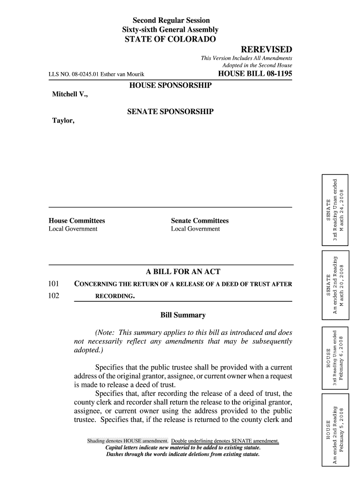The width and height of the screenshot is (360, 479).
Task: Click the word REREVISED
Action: coord(266,50)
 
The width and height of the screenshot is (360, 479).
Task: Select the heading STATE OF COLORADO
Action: coord(170,39)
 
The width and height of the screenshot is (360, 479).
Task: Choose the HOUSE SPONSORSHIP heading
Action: coord(170,86)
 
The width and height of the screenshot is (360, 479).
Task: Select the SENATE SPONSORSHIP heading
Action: coord(170,112)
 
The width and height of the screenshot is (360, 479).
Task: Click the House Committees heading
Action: coord(77,221)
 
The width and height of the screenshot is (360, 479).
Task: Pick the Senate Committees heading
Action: coord(200,221)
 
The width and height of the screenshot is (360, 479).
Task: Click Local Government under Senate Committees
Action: coord(195,229)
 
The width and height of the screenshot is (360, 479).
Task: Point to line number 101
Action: coord(54,284)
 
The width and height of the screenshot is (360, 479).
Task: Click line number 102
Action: coord(54,296)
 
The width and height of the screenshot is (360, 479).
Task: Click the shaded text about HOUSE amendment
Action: coord(128,441)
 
